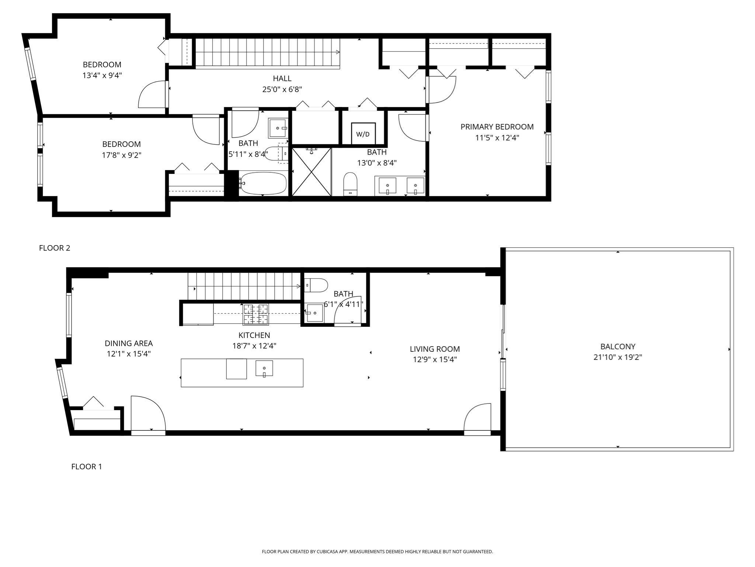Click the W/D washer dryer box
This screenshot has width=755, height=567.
tap(363, 134)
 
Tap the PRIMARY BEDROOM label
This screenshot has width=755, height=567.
tap(497, 127)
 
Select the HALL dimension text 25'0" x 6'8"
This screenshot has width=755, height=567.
tap(282, 89)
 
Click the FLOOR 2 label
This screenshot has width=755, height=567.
tap(55, 248)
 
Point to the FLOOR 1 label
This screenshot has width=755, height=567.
tap(87, 467)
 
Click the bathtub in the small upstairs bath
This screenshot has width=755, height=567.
tap(263, 183)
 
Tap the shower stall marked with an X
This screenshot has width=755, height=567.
tap(312, 172)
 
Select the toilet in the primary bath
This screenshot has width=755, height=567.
tap(350, 183)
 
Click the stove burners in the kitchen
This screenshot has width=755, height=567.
tap(255, 314)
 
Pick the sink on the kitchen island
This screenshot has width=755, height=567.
tap(264, 368)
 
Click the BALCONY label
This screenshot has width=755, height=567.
tap(618, 347)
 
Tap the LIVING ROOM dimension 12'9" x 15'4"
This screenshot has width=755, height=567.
tap(435, 360)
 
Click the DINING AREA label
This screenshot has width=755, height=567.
tap(129, 344)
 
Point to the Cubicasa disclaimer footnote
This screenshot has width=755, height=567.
tap(377, 551)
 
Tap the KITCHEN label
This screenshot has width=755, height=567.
tap(254, 335)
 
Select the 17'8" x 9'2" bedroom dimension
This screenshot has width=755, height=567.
tap(121, 155)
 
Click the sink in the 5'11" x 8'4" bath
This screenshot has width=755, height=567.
tap(277, 128)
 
